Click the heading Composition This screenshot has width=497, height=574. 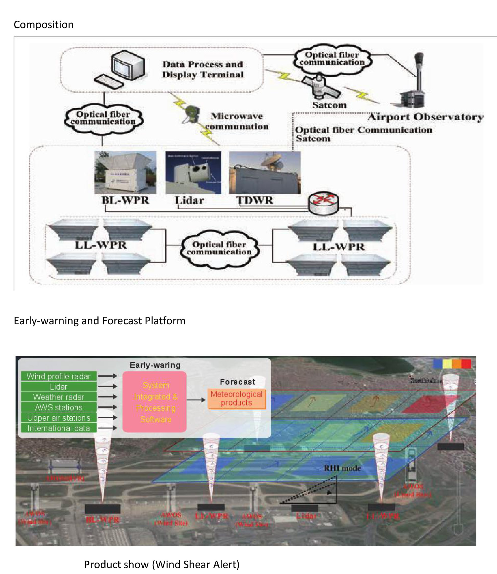click(44, 25)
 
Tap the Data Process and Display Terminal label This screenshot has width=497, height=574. click(203, 69)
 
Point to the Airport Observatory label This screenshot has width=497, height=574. click(426, 117)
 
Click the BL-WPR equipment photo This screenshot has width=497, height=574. click(125, 172)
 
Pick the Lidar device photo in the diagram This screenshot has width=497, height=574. click(193, 172)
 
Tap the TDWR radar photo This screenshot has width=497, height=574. click(265, 172)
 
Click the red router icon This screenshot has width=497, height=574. click(323, 203)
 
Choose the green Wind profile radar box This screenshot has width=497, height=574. click(59, 377)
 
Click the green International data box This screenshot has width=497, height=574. click(59, 428)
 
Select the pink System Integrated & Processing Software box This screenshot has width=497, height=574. click(155, 402)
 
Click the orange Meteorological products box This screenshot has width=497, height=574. click(236, 398)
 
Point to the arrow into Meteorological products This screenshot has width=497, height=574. click(196, 400)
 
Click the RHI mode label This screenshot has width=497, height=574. click(342, 468)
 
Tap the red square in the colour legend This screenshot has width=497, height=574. click(466, 364)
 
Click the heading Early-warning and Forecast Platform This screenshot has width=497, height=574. click(100, 321)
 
